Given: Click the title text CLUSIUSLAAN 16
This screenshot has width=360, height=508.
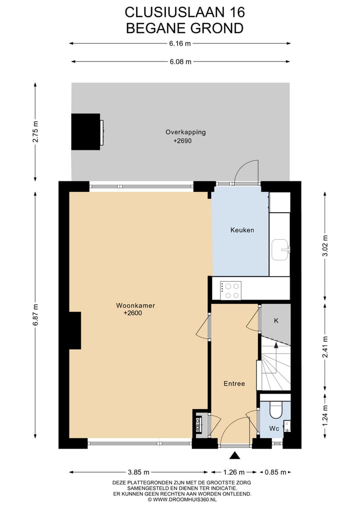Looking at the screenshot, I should pos(184,11).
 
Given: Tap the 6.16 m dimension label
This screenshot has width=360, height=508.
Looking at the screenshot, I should pos(180,43).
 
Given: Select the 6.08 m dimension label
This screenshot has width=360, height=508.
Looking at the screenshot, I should pos(180,62).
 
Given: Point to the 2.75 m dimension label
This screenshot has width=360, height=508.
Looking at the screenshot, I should pos(35,132).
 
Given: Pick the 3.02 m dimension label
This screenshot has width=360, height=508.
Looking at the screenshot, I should pos(325,246).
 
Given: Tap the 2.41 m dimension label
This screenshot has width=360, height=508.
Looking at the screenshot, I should pos(325,347).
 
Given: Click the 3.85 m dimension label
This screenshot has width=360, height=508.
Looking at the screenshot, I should pos(138,472).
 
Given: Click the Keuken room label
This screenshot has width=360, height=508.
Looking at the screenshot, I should pos(242,230).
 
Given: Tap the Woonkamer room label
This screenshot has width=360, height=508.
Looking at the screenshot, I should pos(132,305).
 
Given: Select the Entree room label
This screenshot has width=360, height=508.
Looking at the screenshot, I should pos(234,384).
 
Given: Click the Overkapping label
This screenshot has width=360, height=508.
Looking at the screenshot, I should pos(185,132).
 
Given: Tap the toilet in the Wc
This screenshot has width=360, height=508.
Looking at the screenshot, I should pos(275,410).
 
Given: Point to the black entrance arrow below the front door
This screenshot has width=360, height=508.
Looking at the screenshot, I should pos(234,455).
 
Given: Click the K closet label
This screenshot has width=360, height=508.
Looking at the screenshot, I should pos(275,321).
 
